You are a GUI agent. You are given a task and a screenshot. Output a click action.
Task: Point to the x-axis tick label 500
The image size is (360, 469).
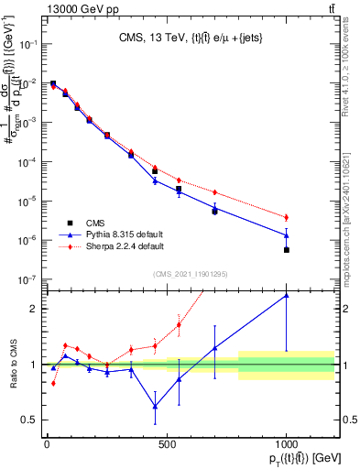[x=167, y=444]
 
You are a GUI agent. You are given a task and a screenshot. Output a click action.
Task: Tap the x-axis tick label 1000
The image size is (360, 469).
[x=287, y=444]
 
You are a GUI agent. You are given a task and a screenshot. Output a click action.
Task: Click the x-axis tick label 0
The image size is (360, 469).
[x=47, y=444]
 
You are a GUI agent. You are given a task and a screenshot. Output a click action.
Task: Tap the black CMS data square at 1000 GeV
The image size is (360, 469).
[x=287, y=250]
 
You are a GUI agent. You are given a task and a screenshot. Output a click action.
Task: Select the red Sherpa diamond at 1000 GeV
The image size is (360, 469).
[x=287, y=217]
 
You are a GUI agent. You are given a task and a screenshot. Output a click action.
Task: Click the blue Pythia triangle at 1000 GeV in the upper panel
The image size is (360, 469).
[x=287, y=235]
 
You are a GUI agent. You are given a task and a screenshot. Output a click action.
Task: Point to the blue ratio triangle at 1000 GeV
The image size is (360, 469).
[x=287, y=295]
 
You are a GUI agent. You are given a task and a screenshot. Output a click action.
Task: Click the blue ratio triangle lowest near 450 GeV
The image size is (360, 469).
[x=155, y=407]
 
